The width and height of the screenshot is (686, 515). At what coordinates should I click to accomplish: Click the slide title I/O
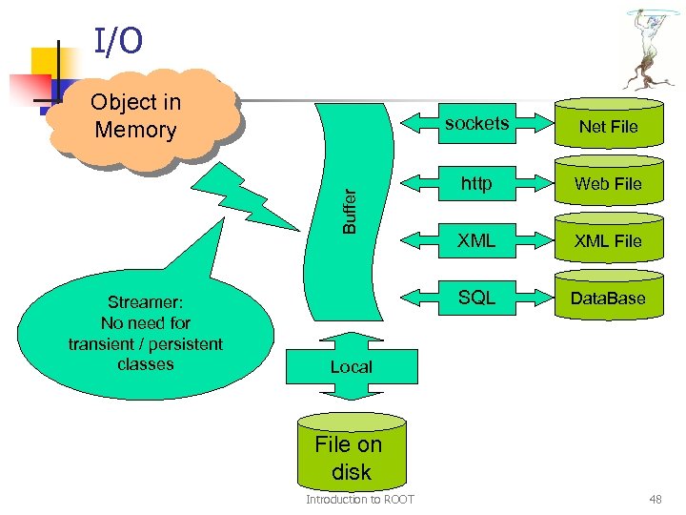(x=118, y=41)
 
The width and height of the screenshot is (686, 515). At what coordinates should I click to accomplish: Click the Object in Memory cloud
(x=137, y=116)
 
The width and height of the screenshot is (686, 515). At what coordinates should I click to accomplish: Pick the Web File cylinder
(x=608, y=183)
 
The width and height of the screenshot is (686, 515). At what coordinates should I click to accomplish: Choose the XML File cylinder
(x=608, y=240)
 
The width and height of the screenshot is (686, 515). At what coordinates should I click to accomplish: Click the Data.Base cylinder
(x=608, y=299)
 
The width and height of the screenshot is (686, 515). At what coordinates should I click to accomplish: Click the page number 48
(x=655, y=500)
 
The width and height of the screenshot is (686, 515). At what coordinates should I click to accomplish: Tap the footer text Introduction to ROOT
(x=359, y=500)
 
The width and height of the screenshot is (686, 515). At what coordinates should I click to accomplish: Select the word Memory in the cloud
(x=135, y=130)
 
